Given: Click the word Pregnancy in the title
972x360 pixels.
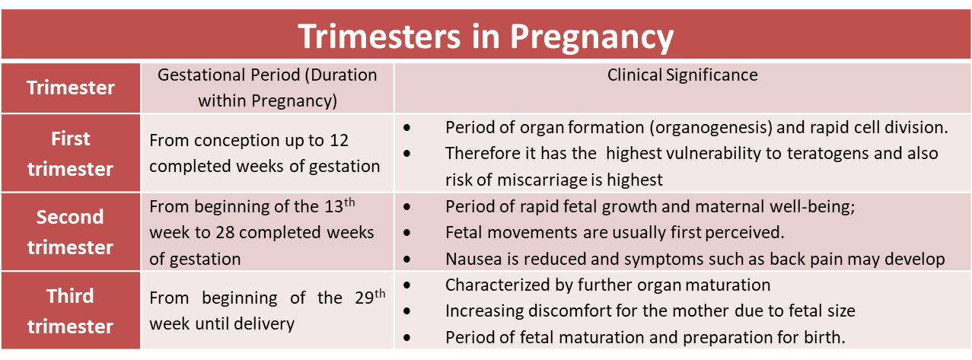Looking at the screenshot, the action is tap(591, 37).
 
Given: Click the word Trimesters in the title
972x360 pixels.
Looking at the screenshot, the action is tap(379, 36).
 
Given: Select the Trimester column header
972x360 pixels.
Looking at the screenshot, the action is tap(71, 88).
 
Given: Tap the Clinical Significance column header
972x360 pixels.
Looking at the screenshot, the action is tap(682, 75).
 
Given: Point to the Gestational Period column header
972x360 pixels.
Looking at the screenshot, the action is tap(267, 88).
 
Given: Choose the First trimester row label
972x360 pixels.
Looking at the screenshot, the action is tap(70, 154).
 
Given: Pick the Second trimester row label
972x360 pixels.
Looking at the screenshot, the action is tap(70, 232).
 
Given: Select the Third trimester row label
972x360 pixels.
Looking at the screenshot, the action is tap(70, 311).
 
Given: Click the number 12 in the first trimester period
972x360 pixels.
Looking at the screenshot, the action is tap(339, 141).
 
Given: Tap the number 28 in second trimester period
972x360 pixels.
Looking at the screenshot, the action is tap(225, 233).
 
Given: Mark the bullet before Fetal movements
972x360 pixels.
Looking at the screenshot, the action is tap(407, 233).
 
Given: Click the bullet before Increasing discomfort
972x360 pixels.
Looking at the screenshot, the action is tap(407, 311).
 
